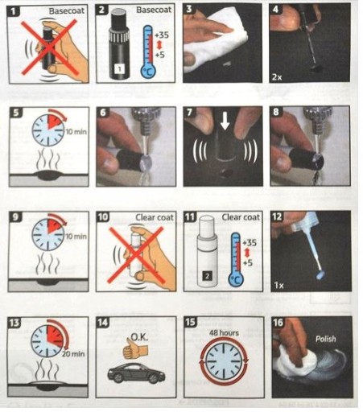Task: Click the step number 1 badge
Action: click(x=14, y=11)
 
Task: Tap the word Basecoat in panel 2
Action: click(x=154, y=10)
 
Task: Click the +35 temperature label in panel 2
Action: click(x=162, y=35)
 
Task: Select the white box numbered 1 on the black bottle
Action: click(x=120, y=69)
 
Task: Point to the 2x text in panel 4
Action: click(x=278, y=77)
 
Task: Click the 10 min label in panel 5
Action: click(x=76, y=132)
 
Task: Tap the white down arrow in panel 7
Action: click(x=225, y=121)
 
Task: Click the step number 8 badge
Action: click(x=276, y=112)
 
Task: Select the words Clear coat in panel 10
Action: click(x=155, y=217)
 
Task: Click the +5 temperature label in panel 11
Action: click(x=248, y=262)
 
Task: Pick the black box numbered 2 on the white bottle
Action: click(x=207, y=276)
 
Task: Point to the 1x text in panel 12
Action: click(x=279, y=285)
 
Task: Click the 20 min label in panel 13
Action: click(x=73, y=354)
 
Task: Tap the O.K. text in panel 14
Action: click(x=139, y=337)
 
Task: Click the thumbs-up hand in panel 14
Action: click(x=135, y=348)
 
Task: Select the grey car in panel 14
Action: click(x=136, y=373)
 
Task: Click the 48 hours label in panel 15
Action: click(x=224, y=333)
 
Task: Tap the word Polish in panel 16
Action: click(x=325, y=339)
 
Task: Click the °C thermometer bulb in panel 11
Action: click(x=236, y=279)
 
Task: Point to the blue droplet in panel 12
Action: click(x=320, y=275)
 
